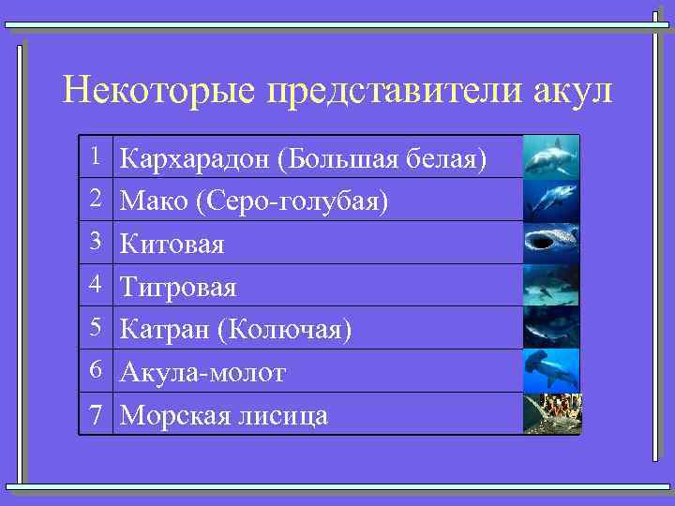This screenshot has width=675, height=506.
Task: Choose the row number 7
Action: point(96,414)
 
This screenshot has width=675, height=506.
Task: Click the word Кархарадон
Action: point(196,159)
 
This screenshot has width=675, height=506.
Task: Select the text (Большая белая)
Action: point(382,159)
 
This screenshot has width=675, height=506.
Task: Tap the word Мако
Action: point(154,201)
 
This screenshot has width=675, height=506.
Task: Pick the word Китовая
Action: point(173,245)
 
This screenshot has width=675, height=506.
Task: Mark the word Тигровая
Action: point(179,287)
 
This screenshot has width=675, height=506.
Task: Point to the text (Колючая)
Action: point(285,330)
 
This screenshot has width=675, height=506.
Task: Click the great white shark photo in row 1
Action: point(551,156)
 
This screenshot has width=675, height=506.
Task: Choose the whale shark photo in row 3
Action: point(551,242)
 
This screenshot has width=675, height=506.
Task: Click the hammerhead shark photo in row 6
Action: point(551,370)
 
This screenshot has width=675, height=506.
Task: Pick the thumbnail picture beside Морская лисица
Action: point(551,413)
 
